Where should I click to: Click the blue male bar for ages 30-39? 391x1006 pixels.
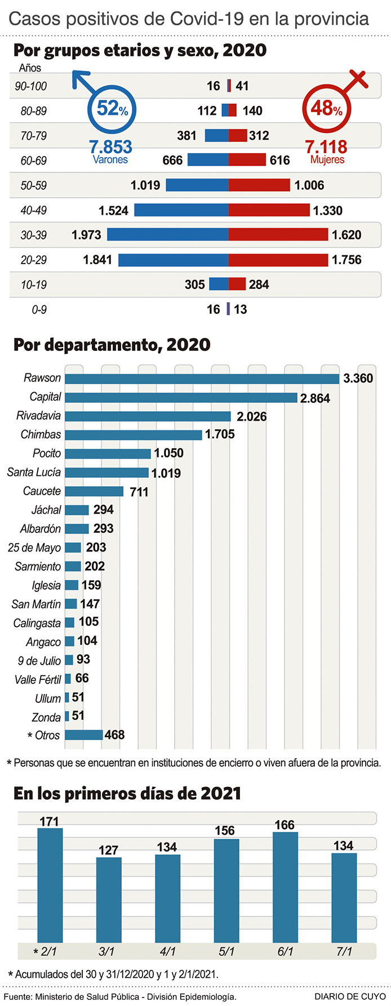(x=167, y=235)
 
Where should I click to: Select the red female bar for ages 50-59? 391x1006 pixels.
(x=259, y=185)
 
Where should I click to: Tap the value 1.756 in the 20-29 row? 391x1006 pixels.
(x=346, y=260)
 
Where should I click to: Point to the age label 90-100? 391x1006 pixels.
(x=31, y=86)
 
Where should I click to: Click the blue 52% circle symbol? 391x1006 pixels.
(x=112, y=108)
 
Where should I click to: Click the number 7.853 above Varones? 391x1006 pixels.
(x=110, y=147)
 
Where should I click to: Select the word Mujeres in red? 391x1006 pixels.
(x=327, y=160)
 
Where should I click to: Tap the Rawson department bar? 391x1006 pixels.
(x=202, y=379)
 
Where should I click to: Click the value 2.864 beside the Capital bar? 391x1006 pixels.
(x=315, y=398)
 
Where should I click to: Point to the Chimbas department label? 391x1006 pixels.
(x=41, y=435)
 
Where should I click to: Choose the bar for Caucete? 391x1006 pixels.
(x=94, y=491)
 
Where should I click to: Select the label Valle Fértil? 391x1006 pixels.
(x=38, y=680)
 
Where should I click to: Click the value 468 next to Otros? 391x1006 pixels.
(x=114, y=735)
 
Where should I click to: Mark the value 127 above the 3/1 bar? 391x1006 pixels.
(x=108, y=850)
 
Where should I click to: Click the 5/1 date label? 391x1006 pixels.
(x=226, y=951)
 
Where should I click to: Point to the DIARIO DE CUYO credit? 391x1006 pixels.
(x=350, y=996)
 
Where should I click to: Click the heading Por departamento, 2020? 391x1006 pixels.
(x=112, y=345)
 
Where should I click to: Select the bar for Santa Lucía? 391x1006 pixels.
(x=106, y=473)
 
